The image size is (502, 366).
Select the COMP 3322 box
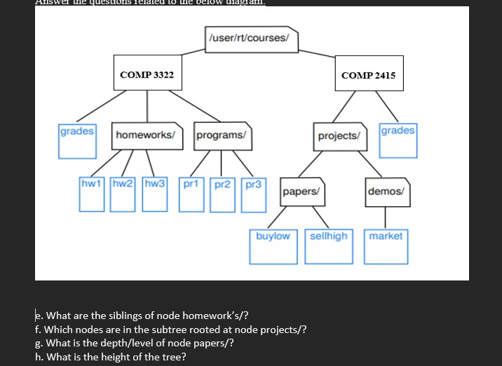click(x=147, y=74)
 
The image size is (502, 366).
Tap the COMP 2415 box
click(x=368, y=74)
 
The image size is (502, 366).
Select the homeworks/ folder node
click(x=146, y=135)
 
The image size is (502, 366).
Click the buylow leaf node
click(x=273, y=245)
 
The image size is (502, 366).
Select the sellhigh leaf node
click(x=329, y=245)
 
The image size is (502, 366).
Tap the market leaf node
click(x=386, y=245)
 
